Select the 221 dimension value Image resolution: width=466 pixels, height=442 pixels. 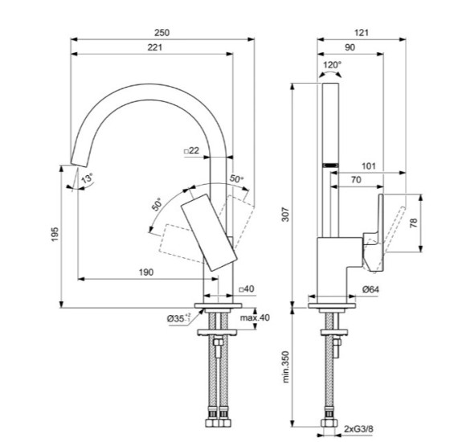tap(154, 49)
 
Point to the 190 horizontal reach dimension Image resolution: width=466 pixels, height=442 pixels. tap(145, 272)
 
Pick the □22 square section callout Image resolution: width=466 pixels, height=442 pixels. tap(191, 150)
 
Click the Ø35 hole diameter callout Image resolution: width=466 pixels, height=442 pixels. tap(179, 318)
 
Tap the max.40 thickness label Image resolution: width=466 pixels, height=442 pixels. tap(255, 317)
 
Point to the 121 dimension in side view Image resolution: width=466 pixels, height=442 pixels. tap(361, 32)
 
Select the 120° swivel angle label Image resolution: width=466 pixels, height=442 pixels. tap(332, 64)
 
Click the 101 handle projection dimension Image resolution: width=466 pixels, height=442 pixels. tap(369, 166)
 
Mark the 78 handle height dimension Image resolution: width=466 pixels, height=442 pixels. tap(414, 224)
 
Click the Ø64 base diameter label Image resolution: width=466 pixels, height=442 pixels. tap(370, 289)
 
